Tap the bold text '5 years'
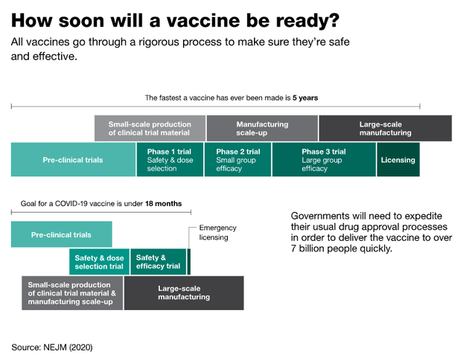(x=305, y=97)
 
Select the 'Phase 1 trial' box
(x=170, y=159)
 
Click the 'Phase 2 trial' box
(x=237, y=159)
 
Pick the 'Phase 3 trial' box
(x=324, y=159)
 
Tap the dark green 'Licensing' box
(x=398, y=159)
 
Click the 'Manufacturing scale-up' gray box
(x=262, y=128)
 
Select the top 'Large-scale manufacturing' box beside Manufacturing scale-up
(x=386, y=128)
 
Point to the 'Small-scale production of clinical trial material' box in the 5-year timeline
(x=150, y=128)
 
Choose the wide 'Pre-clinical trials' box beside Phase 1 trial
(x=73, y=159)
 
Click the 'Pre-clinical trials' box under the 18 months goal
(x=62, y=234)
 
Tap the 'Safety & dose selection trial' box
(x=99, y=262)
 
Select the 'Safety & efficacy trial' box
(x=158, y=262)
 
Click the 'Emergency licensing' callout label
(x=217, y=232)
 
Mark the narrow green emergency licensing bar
(x=189, y=262)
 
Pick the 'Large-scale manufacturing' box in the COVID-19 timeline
(x=184, y=293)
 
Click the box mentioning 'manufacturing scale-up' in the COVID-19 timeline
(x=72, y=293)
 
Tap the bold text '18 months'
(x=163, y=204)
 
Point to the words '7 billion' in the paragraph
(x=308, y=248)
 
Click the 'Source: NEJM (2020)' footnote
(x=52, y=347)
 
